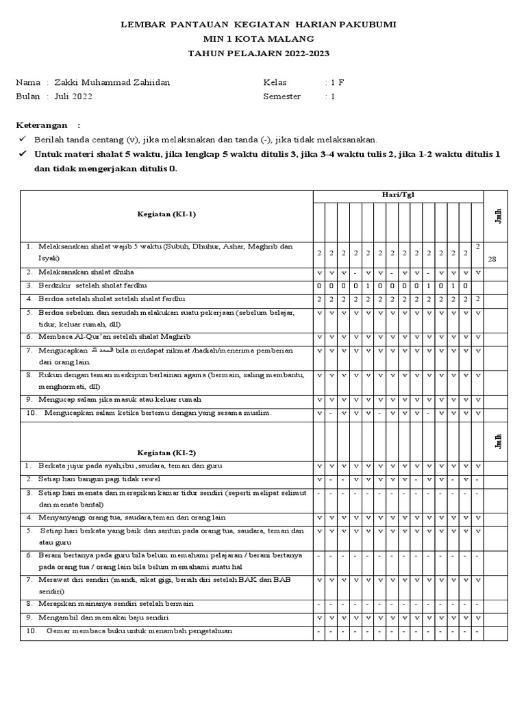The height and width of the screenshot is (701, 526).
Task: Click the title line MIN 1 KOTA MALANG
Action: coord(263,38)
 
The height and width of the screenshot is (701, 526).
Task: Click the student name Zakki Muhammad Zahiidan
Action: coord(112,83)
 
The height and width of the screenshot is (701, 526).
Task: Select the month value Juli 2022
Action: coord(73,97)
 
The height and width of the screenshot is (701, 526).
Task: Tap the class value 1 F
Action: coord(336,83)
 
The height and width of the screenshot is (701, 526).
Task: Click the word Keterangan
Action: coord(42,125)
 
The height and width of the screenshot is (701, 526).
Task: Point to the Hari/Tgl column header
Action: coord(398,195)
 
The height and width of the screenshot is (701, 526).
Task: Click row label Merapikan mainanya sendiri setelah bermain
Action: coord(116,604)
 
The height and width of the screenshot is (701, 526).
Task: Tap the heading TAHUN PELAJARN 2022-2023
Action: coord(263,53)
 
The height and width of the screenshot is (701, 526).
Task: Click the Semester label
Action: coord(281,97)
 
